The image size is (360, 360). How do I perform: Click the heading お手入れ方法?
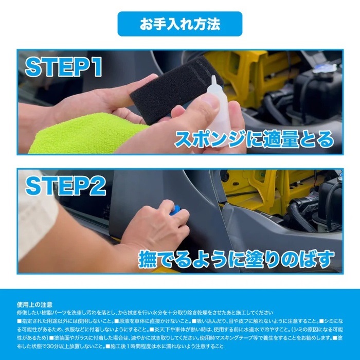point(180,24)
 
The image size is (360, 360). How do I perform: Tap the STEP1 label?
point(64,66)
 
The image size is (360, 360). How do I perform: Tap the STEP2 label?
point(65,186)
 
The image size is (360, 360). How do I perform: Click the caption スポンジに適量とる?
point(254,139)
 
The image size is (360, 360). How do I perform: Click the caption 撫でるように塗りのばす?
point(236,259)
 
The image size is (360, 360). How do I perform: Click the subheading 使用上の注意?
point(34,304)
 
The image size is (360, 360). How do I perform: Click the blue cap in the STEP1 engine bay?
point(323,68)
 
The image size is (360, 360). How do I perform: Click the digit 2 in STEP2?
point(98,186)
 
